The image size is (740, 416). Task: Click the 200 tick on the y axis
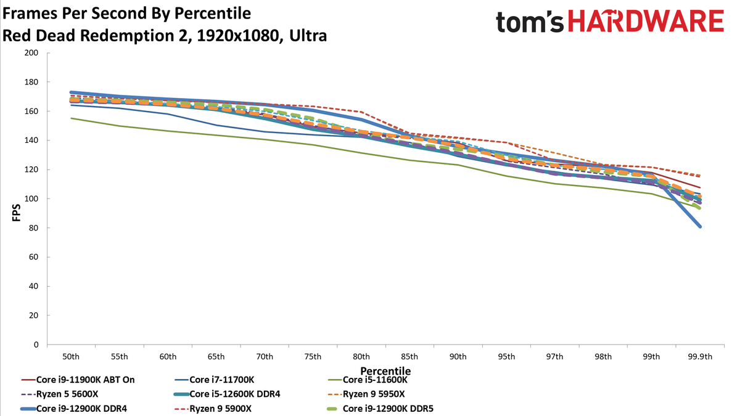(31, 53)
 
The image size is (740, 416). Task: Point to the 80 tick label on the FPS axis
(33, 228)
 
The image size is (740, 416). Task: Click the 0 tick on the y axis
(36, 345)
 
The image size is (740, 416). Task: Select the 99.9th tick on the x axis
(700, 357)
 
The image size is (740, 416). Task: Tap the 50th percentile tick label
(71, 357)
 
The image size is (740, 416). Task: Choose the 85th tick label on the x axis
(409, 357)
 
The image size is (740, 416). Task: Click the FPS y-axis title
(16, 212)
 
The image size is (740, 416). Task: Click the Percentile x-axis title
(385, 371)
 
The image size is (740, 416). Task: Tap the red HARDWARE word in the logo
(646, 21)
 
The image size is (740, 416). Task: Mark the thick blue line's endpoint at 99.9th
(700, 227)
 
